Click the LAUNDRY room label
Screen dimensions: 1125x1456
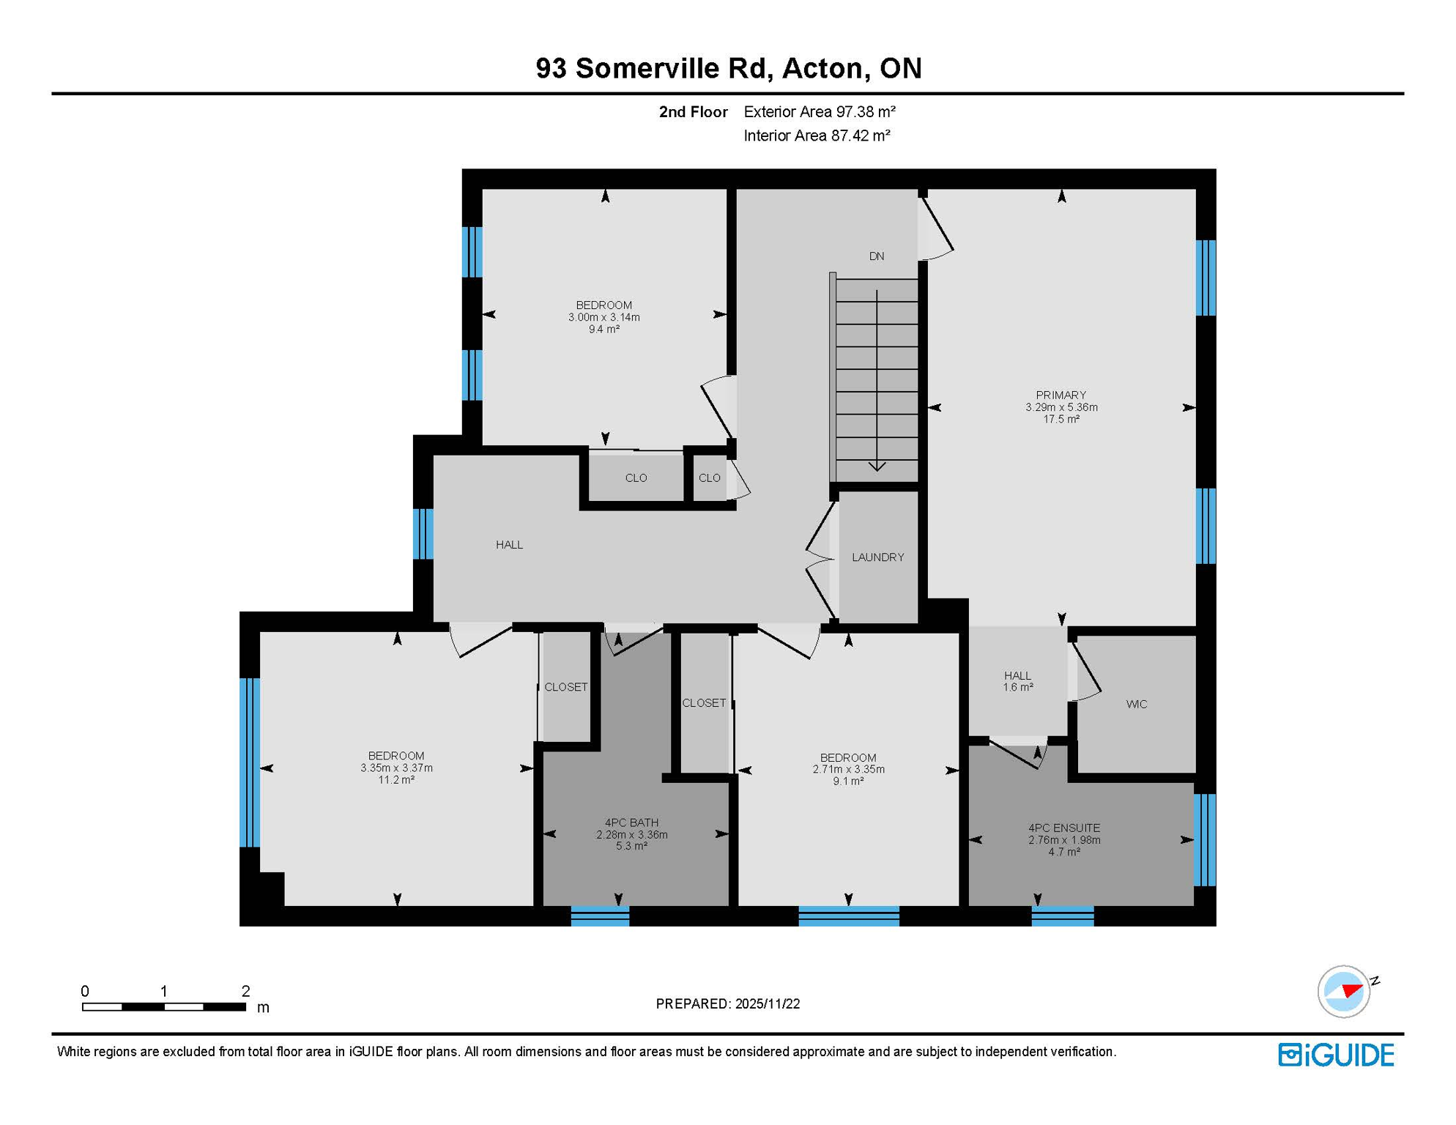[x=877, y=557]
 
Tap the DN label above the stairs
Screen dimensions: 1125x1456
[x=877, y=256]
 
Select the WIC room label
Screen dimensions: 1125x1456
[x=1136, y=705]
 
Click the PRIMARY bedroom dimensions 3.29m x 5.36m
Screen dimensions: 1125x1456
[x=1061, y=407]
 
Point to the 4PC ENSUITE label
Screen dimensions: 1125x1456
[x=1063, y=828]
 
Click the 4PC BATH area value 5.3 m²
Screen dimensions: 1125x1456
[x=631, y=847]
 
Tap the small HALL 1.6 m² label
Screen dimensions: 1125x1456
[x=1017, y=682]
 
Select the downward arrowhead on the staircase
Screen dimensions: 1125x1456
[x=877, y=466]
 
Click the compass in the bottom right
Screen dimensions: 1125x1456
[x=1344, y=992]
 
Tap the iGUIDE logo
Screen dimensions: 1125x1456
[x=1336, y=1055]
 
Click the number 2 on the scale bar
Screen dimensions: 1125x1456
[x=245, y=992]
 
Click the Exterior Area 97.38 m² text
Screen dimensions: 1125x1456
[x=820, y=112]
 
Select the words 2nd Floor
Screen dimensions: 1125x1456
[x=693, y=112]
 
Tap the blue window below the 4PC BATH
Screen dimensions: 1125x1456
[x=600, y=916]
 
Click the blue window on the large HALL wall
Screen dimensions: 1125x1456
[x=423, y=534]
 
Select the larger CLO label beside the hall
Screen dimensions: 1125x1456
[x=636, y=478]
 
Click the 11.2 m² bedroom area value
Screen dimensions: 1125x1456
[x=396, y=781]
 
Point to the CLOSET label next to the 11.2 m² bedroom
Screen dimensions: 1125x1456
[x=565, y=687]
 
